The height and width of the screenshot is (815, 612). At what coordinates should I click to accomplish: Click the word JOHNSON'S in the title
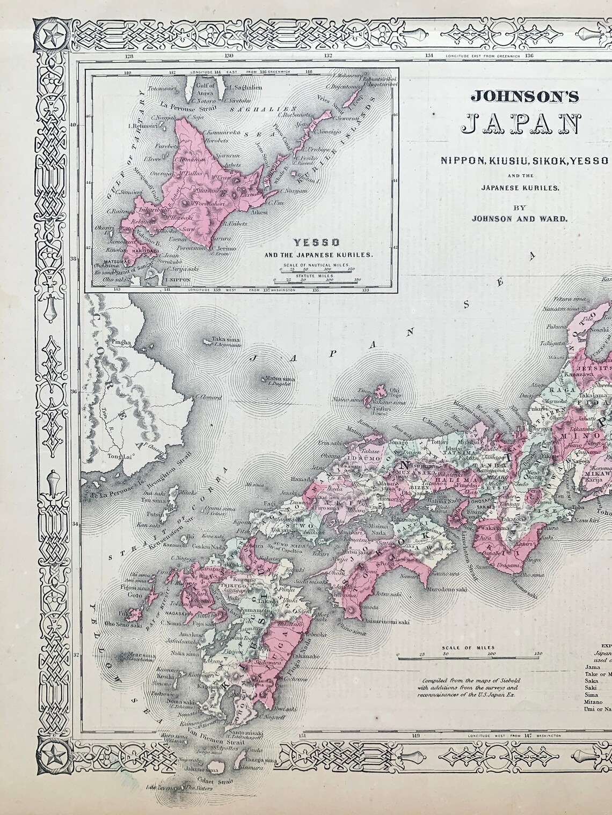525,96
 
